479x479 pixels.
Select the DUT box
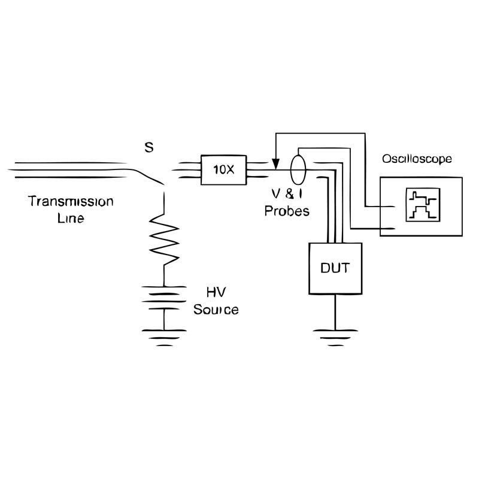[x=335, y=268]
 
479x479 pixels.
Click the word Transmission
[x=71, y=201]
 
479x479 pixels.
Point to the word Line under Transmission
[x=71, y=218]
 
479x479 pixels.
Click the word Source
[x=216, y=310]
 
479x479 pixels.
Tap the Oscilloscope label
[x=417, y=159]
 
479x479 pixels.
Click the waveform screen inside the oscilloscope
[x=423, y=205]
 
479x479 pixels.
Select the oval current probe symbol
[x=297, y=167]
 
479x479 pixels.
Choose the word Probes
[x=287, y=211]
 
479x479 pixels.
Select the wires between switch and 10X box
[x=186, y=169]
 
